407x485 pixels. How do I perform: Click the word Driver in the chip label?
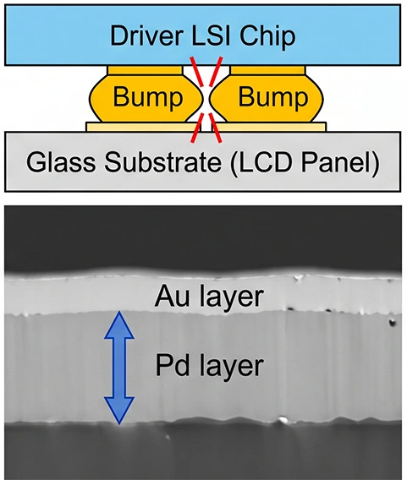145,36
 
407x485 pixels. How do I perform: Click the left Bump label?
148,97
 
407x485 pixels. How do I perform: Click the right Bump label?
272,97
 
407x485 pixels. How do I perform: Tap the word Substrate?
162,162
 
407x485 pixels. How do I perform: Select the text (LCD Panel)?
305,163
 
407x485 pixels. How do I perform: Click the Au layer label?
209,297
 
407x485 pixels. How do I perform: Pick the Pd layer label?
209,365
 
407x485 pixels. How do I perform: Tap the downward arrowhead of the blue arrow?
119,409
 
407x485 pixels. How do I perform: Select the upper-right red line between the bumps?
216,72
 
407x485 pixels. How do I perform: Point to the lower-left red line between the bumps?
197,128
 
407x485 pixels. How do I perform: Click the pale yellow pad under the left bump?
143,127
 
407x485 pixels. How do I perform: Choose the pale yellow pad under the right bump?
269,127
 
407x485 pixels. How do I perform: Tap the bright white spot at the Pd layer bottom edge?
282,420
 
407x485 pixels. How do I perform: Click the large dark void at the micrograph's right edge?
393,322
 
